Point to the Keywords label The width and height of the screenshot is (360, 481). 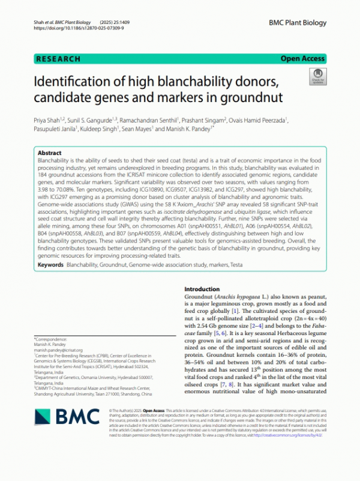50,264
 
